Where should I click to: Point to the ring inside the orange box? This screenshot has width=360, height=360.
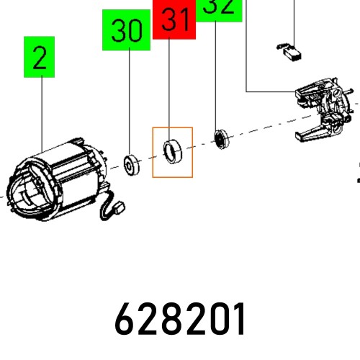click(x=172, y=151)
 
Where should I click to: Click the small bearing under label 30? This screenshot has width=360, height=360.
click(x=131, y=162)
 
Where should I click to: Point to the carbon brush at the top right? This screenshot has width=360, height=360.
click(x=289, y=51)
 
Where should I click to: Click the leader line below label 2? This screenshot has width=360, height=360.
click(x=40, y=108)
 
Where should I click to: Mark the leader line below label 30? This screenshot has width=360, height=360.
click(x=130, y=101)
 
